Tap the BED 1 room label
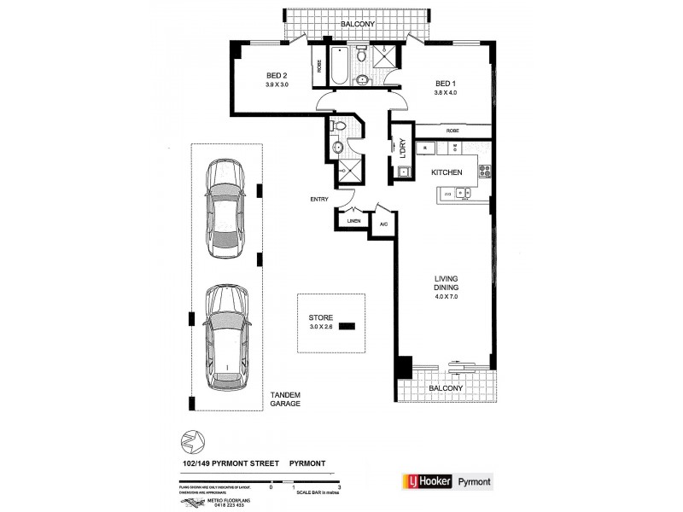(446, 82)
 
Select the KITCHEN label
(447, 172)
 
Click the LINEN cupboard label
(353, 221)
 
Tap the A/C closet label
(383, 224)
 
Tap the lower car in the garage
(225, 336)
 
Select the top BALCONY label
(356, 26)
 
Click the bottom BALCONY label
(447, 387)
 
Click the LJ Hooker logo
(417, 480)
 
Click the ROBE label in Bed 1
(452, 131)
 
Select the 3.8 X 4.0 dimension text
(446, 92)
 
